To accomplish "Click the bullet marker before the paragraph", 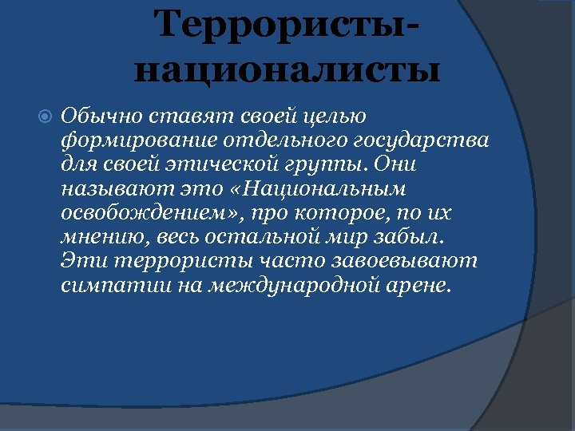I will click(x=46, y=117).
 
